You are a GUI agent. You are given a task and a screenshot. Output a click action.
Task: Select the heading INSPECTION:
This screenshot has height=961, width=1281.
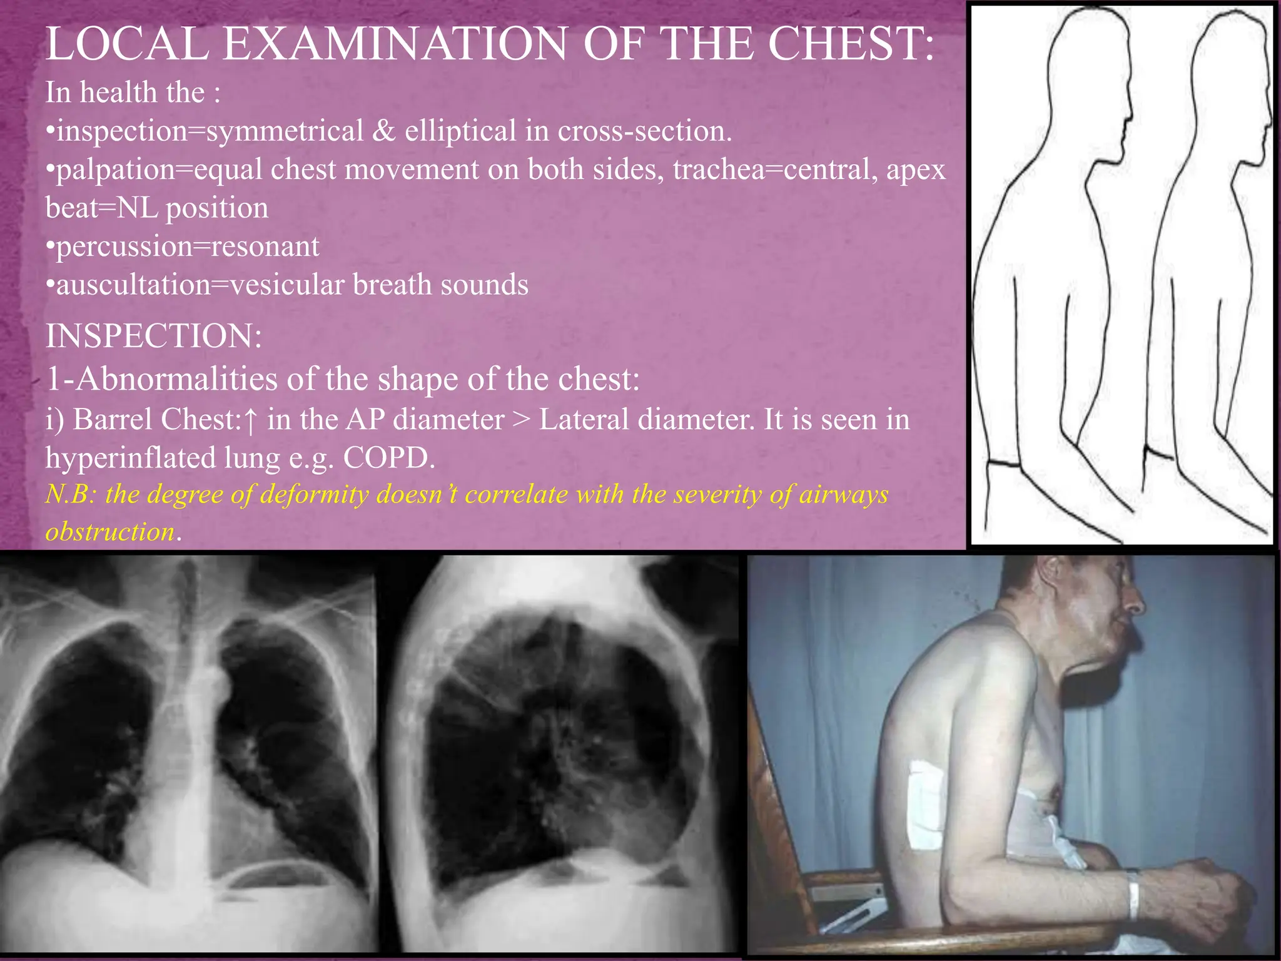coord(154,336)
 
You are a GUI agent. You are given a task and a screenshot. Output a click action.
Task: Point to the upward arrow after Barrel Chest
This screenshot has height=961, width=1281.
coord(250,420)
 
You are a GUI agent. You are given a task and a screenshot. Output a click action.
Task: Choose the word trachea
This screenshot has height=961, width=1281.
coord(719,170)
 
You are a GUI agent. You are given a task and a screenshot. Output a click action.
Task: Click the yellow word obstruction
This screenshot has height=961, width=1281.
coord(110,532)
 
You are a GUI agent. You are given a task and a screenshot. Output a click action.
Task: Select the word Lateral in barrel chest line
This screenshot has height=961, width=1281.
coord(584,419)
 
